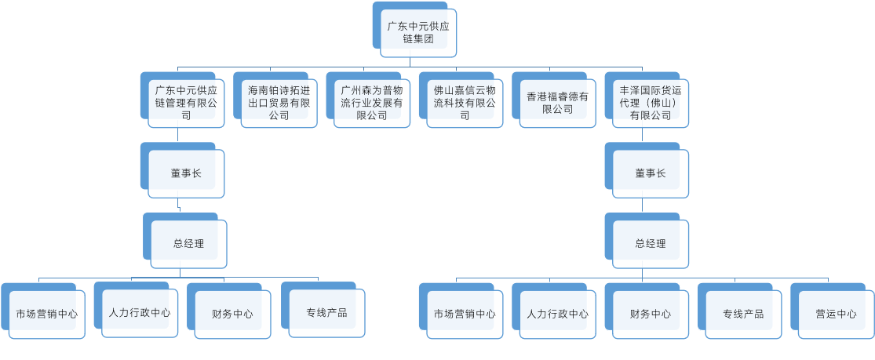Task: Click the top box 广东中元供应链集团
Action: tap(417, 32)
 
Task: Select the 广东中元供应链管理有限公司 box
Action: tap(186, 103)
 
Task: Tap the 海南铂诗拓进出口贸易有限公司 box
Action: tap(279, 103)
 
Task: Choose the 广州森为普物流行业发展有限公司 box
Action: tap(371, 103)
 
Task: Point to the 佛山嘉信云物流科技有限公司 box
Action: tap(465, 103)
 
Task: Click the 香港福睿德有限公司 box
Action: tap(557, 103)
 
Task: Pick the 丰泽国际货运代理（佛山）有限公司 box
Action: tap(650, 103)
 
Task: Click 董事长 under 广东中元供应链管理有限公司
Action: tap(186, 173)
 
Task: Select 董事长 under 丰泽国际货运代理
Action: tap(650, 173)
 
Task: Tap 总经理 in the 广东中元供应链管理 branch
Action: tap(188, 243)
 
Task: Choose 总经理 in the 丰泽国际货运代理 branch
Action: tap(650, 243)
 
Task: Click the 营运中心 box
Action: tap(836, 314)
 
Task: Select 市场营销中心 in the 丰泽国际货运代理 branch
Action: tap(465, 314)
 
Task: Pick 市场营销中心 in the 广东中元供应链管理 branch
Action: tap(46, 314)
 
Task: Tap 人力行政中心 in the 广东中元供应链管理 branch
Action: tap(139, 312)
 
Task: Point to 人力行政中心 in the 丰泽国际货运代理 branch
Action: tap(557, 314)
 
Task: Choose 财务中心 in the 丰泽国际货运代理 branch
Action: tap(650, 314)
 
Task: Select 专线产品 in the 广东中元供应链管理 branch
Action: tap(326, 313)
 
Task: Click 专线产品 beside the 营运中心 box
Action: tap(743, 314)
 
